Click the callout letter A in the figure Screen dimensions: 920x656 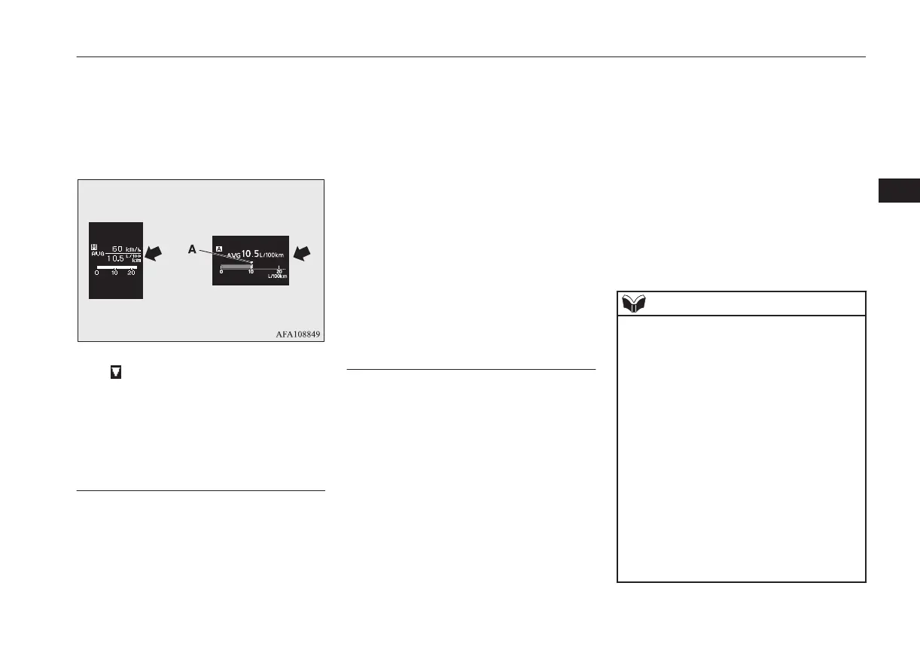pyautogui.click(x=192, y=250)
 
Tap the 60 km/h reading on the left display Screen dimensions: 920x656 pyautogui.click(x=117, y=248)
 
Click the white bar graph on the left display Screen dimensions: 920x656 pyautogui.click(x=114, y=267)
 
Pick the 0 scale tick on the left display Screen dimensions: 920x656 pyautogui.click(x=96, y=273)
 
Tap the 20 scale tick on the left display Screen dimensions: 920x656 pyautogui.click(x=131, y=273)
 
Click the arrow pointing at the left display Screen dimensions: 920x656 pyautogui.click(x=153, y=254)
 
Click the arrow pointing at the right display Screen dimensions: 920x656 pyautogui.click(x=303, y=254)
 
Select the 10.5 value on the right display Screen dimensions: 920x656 pyautogui.click(x=250, y=253)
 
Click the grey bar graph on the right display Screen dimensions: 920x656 pyautogui.click(x=236, y=266)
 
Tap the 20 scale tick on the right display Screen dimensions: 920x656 pyautogui.click(x=279, y=271)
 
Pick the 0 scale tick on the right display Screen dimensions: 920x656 pyautogui.click(x=221, y=271)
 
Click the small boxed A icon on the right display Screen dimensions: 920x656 pyautogui.click(x=219, y=247)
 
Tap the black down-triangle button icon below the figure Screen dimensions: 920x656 pyautogui.click(x=116, y=372)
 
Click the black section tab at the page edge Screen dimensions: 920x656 pyautogui.click(x=899, y=191)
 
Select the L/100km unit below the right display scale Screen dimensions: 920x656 pyautogui.click(x=278, y=276)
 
